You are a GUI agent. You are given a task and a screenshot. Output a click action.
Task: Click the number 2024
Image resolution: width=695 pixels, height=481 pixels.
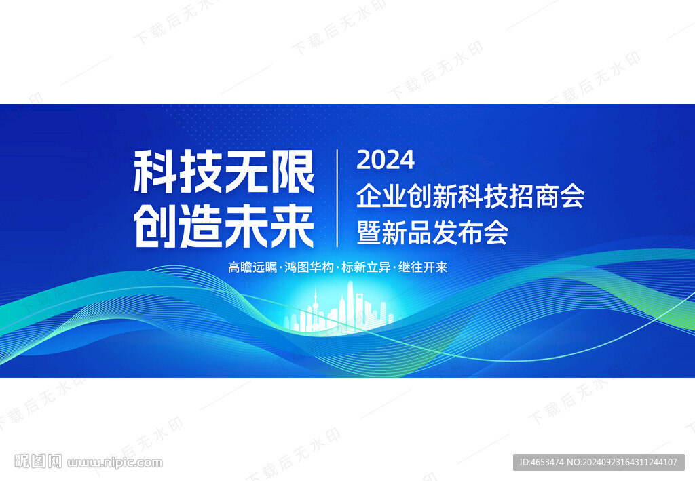(x=386, y=160)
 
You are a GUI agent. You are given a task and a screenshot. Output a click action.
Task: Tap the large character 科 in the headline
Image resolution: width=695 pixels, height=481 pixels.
(x=155, y=171)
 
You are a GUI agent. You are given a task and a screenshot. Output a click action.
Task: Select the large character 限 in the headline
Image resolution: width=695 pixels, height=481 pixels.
(x=292, y=171)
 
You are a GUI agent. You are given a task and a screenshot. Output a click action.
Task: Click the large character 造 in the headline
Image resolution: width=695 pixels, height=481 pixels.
(x=201, y=226)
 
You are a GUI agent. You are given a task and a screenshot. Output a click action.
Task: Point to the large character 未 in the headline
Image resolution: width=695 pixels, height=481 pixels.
(x=247, y=226)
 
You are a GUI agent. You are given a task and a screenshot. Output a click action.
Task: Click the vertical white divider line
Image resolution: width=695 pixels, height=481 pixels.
(x=337, y=198)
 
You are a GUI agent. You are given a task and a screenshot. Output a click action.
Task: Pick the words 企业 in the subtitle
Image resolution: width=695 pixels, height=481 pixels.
(x=381, y=196)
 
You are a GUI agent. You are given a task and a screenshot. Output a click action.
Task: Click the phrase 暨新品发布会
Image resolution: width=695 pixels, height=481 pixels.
(x=432, y=233)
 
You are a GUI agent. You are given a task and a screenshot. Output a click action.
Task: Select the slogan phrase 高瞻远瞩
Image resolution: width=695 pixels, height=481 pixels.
(x=252, y=267)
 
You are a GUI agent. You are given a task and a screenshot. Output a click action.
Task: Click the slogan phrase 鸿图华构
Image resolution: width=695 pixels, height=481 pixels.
(x=309, y=267)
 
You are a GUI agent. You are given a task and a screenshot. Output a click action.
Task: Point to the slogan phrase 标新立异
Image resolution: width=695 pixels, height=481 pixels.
(x=366, y=267)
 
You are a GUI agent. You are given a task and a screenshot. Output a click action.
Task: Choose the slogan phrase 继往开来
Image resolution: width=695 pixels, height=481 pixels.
(x=423, y=267)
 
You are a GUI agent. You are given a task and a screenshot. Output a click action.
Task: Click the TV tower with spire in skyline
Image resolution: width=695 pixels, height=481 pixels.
(x=316, y=309)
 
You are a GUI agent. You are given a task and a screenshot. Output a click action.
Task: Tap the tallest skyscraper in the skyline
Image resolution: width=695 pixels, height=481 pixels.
(x=350, y=305)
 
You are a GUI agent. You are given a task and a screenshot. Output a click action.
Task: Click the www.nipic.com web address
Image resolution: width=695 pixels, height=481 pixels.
(x=115, y=463)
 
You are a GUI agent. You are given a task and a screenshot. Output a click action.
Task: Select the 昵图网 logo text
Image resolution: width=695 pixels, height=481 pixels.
(x=38, y=461)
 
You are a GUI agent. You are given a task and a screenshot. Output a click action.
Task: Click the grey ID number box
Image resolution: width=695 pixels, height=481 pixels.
(x=599, y=462)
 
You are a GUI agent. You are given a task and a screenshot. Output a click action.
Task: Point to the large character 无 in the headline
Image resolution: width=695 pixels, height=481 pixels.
(x=246, y=171)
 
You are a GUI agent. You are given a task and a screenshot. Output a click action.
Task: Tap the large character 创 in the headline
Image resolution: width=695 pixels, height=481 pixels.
(x=155, y=226)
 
